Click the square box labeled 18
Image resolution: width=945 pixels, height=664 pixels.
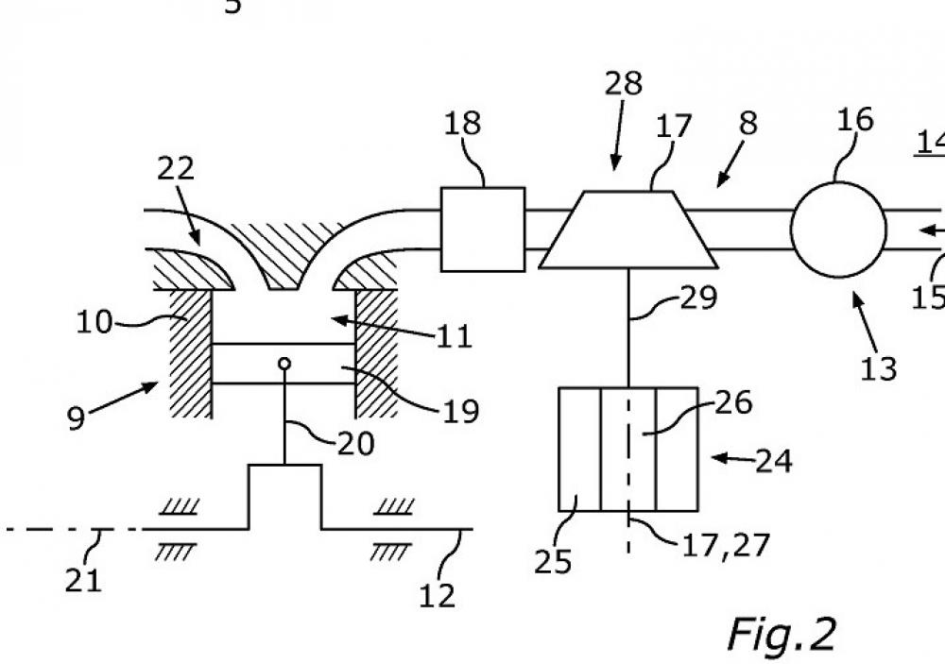point(483,229)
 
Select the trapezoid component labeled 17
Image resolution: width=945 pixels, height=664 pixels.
point(627,230)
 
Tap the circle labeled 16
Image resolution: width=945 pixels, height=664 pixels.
point(838,230)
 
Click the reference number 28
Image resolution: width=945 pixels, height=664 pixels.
point(623,85)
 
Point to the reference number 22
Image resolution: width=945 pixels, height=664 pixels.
point(175,168)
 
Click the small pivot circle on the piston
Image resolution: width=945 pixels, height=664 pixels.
point(284,364)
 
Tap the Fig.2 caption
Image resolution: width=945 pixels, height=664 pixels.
point(781,634)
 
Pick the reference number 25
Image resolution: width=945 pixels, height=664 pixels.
point(554,562)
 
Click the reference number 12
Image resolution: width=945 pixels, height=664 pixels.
point(437,594)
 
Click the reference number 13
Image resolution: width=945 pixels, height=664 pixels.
point(878,367)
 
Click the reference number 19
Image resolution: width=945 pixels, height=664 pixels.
point(459,411)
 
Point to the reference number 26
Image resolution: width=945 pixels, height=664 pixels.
point(733,403)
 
